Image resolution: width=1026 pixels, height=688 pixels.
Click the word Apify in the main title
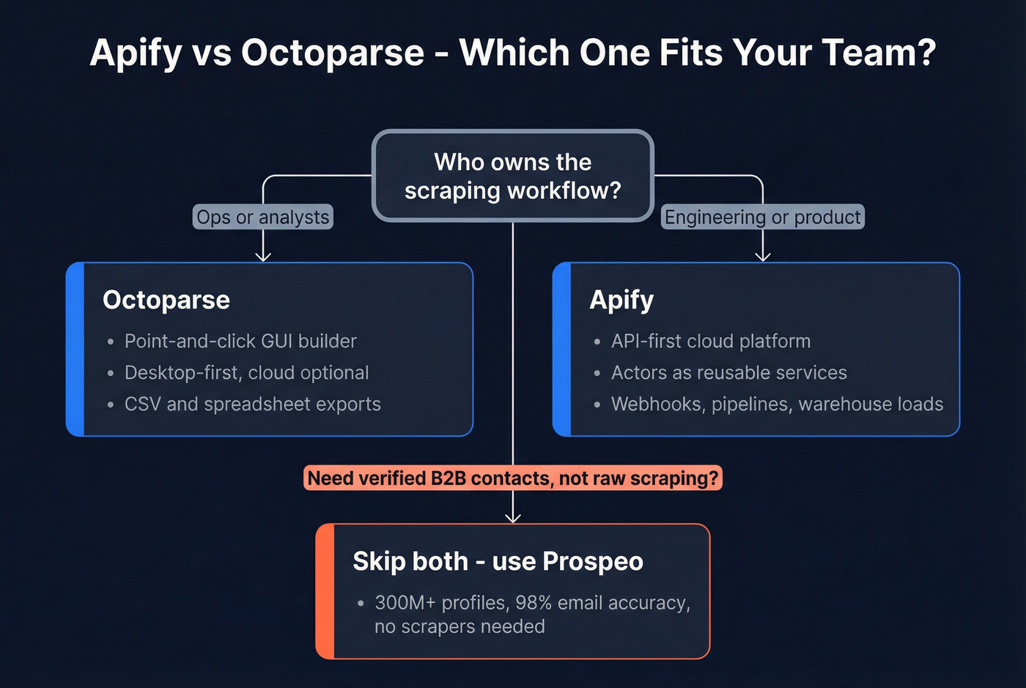point(136,53)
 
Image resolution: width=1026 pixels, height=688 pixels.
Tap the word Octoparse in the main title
point(333,53)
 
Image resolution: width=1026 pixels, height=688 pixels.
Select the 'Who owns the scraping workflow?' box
point(512,176)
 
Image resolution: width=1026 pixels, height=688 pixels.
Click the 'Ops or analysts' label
point(262,217)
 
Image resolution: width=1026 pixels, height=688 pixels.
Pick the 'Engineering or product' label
point(762,217)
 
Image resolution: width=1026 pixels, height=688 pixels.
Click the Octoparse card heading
point(166,300)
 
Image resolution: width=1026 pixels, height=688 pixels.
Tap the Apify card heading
point(621,300)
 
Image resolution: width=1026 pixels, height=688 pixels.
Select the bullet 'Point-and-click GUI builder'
point(240,341)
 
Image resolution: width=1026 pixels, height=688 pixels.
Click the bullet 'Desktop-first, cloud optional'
point(246,372)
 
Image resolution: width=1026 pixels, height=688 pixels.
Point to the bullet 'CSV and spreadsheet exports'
point(252,404)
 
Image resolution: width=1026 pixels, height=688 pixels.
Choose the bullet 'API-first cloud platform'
point(711,341)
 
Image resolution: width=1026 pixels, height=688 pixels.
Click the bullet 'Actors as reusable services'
point(728,372)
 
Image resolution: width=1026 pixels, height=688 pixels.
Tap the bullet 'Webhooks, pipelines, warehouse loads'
point(777,404)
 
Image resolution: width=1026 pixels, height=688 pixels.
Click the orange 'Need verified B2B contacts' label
point(512,478)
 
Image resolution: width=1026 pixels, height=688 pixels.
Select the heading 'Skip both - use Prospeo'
point(498,561)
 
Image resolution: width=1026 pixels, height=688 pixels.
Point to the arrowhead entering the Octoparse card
point(263,256)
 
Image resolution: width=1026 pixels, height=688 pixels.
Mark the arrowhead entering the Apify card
point(763,256)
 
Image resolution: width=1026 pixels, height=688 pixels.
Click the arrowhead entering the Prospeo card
point(513,518)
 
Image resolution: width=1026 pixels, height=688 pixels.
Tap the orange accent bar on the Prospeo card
point(325,591)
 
